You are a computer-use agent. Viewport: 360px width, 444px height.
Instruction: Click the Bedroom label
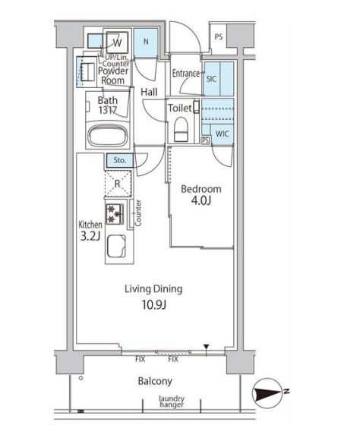[201, 189]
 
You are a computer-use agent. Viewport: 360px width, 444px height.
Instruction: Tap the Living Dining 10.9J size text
[153, 304]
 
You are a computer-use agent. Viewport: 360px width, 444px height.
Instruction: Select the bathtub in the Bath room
[108, 136]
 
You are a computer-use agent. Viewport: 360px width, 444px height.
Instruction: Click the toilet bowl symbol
[181, 129]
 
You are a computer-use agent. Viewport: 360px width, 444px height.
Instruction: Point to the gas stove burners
[115, 214]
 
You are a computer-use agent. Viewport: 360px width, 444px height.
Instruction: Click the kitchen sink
[116, 245]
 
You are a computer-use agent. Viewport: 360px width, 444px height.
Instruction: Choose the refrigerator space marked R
[118, 184]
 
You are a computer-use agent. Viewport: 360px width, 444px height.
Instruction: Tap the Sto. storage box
[120, 160]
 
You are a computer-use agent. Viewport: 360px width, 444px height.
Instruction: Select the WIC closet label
[222, 134]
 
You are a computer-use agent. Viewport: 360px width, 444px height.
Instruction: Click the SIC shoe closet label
[211, 79]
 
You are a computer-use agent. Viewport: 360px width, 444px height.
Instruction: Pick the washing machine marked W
[117, 43]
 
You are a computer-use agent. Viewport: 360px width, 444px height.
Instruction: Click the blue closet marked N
[146, 43]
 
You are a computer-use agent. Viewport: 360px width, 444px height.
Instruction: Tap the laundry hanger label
[172, 401]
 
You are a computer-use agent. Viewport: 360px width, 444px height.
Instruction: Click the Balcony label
[155, 381]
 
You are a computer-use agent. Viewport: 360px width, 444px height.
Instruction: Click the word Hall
[149, 92]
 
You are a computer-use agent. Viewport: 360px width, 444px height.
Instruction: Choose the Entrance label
[186, 74]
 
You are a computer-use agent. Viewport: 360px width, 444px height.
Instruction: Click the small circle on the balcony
[81, 378]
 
